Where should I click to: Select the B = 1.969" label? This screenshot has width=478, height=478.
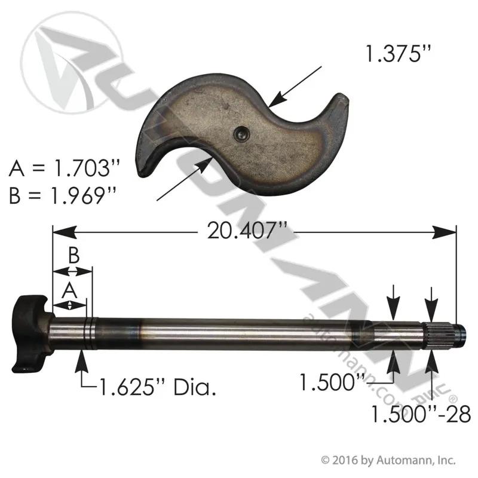(63, 195)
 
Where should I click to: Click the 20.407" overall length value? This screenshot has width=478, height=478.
(247, 231)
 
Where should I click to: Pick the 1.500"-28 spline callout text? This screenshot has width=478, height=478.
(421, 415)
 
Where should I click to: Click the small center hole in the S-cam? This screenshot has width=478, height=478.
(242, 134)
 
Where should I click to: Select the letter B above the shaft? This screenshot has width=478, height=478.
(73, 256)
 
